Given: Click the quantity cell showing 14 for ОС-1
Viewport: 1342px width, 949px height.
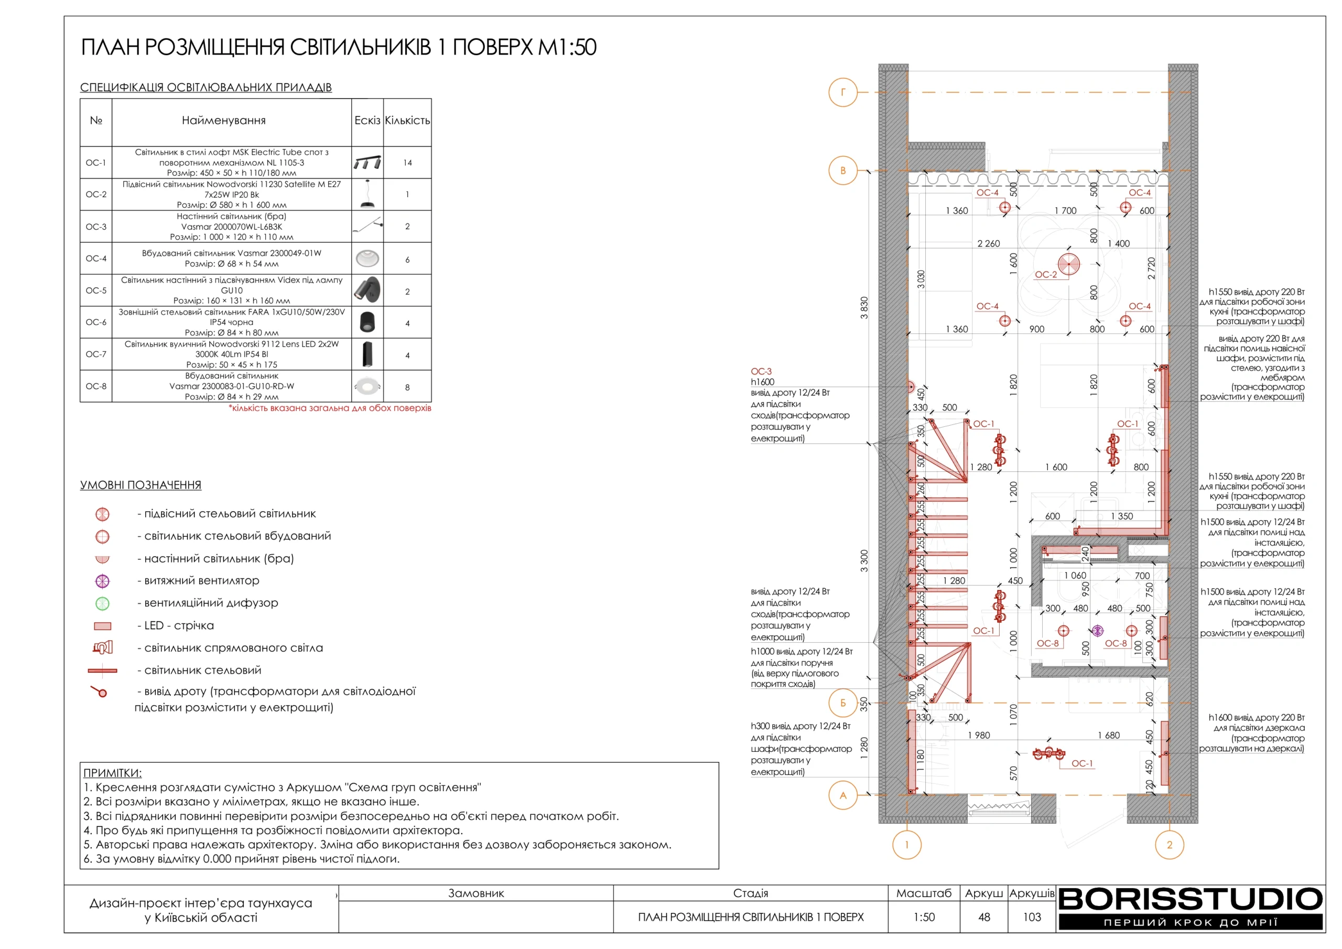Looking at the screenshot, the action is pos(407,163).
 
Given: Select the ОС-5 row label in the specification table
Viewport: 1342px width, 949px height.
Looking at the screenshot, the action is pos(96,290).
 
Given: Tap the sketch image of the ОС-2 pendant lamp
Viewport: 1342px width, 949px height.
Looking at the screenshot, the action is pos(367,194).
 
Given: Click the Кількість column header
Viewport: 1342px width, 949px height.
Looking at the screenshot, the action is pos(407,121).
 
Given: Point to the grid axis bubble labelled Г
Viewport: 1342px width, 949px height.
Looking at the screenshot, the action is pos(843,92).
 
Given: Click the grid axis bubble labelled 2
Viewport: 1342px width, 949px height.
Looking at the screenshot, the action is pos(1170,844).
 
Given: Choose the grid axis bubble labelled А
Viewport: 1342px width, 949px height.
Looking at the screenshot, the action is pos(843,795).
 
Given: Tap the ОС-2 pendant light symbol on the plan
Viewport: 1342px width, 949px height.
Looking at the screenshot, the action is pos(1068,264).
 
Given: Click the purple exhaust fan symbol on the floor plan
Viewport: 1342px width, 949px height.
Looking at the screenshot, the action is pos(1097,630).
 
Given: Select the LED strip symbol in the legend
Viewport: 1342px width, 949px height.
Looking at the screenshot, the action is pos(102,626).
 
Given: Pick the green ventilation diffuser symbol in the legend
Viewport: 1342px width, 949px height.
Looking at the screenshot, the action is pos(102,603).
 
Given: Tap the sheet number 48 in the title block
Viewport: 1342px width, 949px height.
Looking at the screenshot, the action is pos(984,917).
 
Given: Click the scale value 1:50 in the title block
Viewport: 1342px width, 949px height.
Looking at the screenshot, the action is pos(924,917).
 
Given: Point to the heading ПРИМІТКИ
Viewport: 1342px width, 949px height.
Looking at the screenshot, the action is pos(112,773).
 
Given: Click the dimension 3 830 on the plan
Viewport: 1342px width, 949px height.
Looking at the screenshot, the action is pos(864,308).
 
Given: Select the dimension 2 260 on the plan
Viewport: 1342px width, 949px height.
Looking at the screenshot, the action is pos(988,243).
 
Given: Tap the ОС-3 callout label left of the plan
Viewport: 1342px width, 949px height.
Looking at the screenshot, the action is pos(761,371).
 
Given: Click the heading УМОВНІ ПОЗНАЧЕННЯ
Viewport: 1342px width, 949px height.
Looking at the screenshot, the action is pos(140,485).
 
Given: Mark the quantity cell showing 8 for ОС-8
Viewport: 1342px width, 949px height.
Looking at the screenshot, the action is pos(407,387).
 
